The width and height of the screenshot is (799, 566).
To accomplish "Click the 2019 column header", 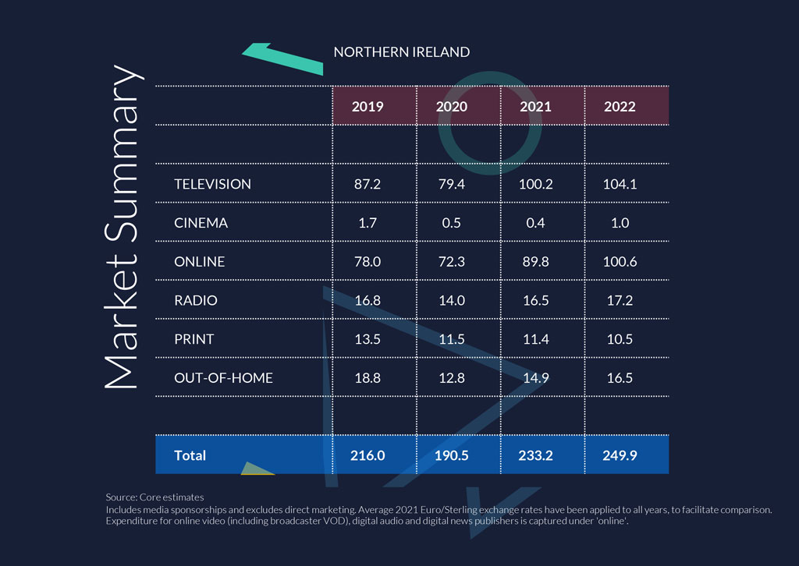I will coord(368,106).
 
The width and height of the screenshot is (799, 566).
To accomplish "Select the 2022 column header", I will coord(620,106).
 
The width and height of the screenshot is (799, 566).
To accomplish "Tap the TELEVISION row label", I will coord(212,184).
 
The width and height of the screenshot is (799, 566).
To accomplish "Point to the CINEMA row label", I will coord(201,223).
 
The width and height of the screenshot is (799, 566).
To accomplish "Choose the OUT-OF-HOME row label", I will coord(223,378).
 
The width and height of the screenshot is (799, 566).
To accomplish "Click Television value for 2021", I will coord(535,184).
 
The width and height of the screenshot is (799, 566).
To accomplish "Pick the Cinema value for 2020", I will coord(451,223).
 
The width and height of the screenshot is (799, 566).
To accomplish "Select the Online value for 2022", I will coord(620,262).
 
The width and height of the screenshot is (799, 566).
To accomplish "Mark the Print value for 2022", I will coord(620,339).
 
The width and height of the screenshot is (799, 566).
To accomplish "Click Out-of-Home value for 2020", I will coord(451,378).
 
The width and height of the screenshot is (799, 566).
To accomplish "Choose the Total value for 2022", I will coord(620,455).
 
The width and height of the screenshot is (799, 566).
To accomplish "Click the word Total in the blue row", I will coord(190,455).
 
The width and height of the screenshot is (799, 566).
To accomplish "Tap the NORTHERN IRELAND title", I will coord(401,52).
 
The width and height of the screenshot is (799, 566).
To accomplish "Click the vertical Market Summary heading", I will coord(123,226).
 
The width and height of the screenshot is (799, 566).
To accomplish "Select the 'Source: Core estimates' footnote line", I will coord(154,497).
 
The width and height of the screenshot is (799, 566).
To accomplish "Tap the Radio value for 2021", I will coord(535,300).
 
